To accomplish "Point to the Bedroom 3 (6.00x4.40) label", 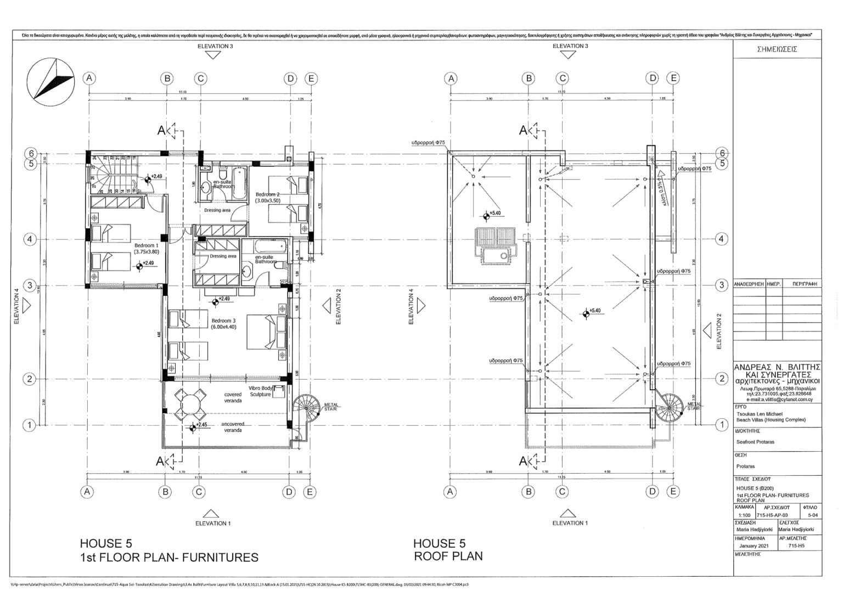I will click(223, 324).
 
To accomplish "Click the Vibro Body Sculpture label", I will click(261, 391).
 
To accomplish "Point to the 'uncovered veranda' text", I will click(233, 427).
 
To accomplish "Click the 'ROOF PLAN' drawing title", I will click(448, 556).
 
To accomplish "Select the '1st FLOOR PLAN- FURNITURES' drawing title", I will click(169, 558).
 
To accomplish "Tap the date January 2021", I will click(755, 546).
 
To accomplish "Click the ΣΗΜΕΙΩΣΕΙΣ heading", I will click(777, 49).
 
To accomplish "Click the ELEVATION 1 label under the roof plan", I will click(570, 523).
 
